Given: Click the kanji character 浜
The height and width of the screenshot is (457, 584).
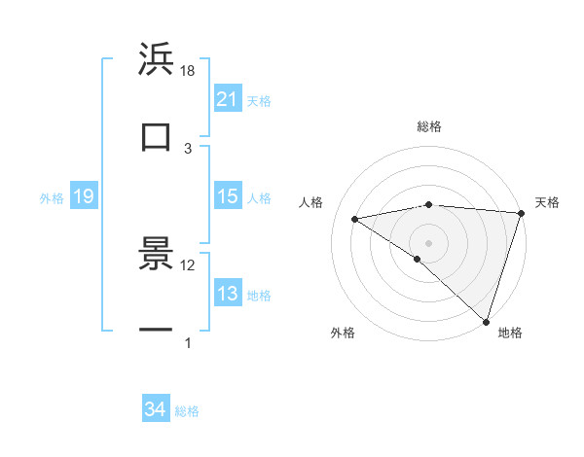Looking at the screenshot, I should (156, 59).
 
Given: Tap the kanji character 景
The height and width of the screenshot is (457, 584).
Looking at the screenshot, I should (156, 254).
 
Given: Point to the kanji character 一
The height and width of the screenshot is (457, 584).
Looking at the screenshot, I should (156, 331).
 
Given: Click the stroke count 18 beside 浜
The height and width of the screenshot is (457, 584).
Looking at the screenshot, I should (188, 71).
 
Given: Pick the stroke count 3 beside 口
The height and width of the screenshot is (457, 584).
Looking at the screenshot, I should (188, 148).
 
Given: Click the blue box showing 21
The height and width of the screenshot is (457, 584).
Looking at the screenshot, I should (227, 99).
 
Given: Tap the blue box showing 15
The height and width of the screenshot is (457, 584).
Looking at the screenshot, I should (227, 196).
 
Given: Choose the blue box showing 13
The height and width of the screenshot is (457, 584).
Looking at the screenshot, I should (227, 294).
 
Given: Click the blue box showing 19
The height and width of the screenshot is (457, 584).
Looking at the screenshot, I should (83, 197).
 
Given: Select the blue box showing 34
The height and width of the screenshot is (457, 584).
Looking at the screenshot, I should (155, 409).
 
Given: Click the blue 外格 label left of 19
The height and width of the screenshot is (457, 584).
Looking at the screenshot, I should (52, 198).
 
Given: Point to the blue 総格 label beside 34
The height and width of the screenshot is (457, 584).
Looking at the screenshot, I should (187, 411).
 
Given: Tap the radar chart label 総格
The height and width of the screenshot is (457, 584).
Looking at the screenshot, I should (428, 126).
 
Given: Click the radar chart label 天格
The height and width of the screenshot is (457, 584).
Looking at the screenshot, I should (548, 202).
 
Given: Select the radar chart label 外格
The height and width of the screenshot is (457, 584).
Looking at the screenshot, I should (343, 333).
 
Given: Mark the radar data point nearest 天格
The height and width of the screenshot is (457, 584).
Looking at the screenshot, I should (521, 213).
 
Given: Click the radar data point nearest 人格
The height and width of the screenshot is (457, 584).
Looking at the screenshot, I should (355, 219).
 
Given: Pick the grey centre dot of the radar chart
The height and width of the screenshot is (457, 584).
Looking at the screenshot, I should (428, 242).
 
